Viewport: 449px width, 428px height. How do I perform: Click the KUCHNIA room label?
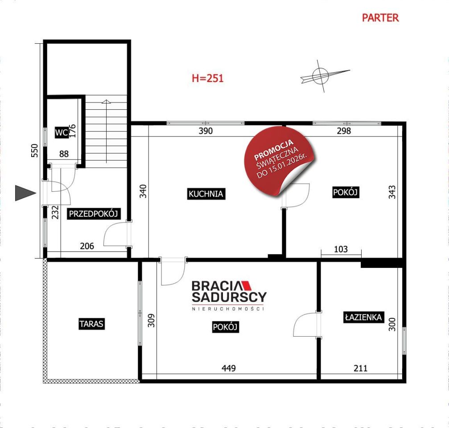point(206,194)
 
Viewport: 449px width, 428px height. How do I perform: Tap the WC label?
point(62,132)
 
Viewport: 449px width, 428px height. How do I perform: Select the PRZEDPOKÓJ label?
point(93,214)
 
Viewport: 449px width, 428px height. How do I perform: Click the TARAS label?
point(91,324)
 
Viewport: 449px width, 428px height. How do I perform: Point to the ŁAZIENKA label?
point(363,317)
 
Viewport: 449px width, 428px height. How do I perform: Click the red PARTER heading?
point(380,18)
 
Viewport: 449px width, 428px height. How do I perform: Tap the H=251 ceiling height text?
point(208,78)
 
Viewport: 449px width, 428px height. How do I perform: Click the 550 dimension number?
point(34,151)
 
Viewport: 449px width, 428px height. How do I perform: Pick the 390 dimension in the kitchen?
point(206,131)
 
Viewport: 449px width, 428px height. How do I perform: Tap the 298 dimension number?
point(344,131)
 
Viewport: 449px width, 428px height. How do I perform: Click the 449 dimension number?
point(228,368)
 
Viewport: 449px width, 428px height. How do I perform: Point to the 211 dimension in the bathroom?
point(361,368)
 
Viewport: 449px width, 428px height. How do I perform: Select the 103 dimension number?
point(341,249)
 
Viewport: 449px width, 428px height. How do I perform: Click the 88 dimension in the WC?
point(64,154)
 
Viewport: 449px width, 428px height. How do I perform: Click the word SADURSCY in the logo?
point(229,297)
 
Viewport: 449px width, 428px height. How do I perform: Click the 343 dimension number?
point(392,192)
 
